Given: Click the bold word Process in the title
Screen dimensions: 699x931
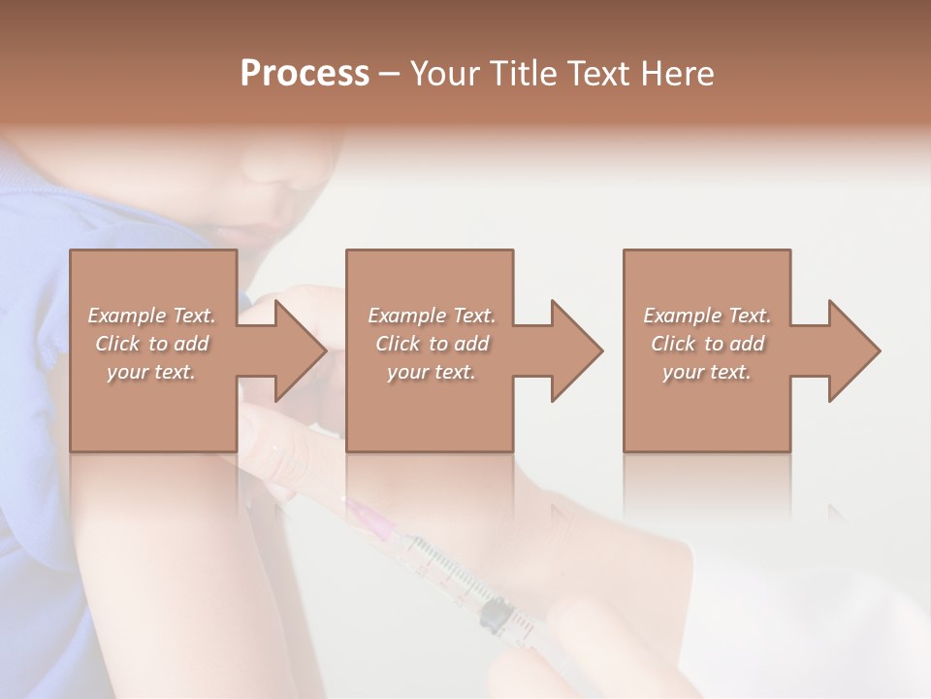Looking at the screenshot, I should [x=305, y=74].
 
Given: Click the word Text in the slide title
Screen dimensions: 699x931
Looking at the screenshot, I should [x=599, y=74].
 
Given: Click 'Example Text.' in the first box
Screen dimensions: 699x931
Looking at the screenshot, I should [x=152, y=316].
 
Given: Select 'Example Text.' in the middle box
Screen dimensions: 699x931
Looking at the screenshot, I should [x=432, y=316].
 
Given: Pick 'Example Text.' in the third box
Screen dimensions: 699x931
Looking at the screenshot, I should [x=707, y=316].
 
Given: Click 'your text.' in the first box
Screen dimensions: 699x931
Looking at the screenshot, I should [x=151, y=372].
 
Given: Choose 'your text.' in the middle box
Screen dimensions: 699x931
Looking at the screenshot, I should [x=431, y=372].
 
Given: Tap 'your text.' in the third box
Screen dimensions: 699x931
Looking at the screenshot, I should [x=707, y=372].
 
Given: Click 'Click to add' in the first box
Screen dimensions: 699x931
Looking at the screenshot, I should [x=152, y=344].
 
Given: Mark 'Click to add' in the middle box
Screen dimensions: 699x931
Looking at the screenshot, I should [x=432, y=344].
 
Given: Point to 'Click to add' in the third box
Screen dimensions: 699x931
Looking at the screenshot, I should [x=708, y=344].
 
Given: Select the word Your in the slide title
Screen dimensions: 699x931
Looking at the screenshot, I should [x=443, y=74].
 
